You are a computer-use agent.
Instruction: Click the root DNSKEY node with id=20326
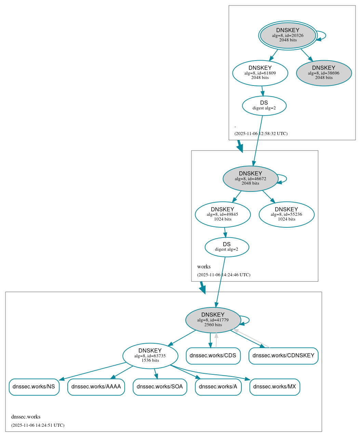(288, 35)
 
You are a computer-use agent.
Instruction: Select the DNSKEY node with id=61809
(260, 73)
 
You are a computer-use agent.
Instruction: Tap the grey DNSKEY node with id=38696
(324, 73)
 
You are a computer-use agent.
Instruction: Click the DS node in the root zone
(264, 106)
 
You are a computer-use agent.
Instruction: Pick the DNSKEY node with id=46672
(250, 178)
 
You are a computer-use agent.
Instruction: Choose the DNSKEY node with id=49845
(223, 214)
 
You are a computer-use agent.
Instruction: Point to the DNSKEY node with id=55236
(286, 214)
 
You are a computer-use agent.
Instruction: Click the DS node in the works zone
(227, 247)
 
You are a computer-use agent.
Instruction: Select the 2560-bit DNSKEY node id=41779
(213, 320)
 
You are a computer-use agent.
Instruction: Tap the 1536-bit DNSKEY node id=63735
(150, 356)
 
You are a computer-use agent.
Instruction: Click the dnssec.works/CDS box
(213, 356)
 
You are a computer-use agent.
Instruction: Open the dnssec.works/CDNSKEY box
(283, 356)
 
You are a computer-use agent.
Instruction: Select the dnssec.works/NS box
(34, 387)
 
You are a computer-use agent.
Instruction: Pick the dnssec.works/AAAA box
(96, 387)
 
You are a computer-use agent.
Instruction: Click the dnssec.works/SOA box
(160, 387)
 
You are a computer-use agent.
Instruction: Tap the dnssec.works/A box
(218, 387)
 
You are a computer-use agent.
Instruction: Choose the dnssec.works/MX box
(275, 387)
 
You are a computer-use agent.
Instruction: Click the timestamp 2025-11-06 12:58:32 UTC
(261, 134)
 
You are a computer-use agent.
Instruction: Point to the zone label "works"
(204, 267)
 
